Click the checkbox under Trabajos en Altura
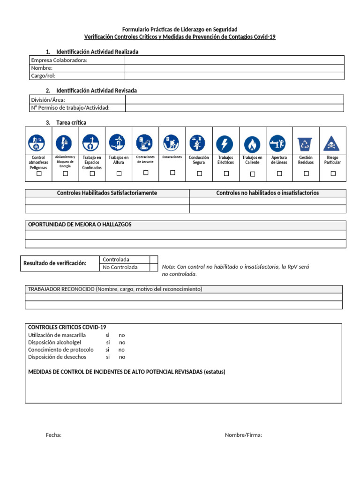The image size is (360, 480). [119, 173]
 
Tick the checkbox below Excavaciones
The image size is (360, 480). [172, 172]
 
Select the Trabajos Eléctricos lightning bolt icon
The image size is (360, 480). [226, 142]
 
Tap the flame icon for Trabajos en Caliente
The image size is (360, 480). [253, 142]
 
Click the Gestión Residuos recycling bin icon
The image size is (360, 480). [306, 142]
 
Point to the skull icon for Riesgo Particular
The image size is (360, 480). [332, 142]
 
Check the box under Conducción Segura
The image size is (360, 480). [199, 173]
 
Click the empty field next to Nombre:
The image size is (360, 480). [234, 68]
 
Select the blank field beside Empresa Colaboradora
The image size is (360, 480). [234, 60]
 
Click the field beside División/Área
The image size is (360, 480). [234, 99]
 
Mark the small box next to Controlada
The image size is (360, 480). [154, 259]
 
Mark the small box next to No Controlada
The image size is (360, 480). [154, 267]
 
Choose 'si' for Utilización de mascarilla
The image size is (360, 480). [107, 335]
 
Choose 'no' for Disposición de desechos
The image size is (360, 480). [122, 357]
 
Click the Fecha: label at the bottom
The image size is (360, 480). [53, 435]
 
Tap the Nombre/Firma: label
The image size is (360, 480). [243, 435]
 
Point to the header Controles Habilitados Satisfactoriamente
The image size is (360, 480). [107, 193]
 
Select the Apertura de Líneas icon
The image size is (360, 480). [279, 142]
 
